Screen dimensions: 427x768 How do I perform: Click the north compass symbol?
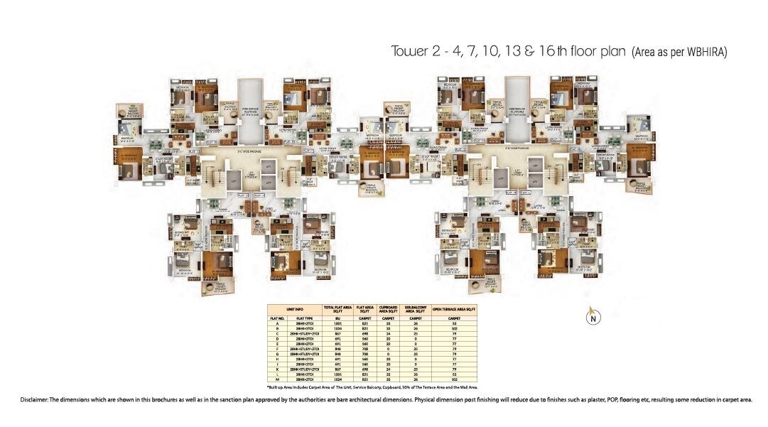coord(591,317)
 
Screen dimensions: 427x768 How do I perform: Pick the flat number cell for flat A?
coord(277,323)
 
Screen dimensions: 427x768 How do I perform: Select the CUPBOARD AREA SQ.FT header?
coord(389,309)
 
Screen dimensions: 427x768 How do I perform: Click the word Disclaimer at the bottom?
coord(34,400)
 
